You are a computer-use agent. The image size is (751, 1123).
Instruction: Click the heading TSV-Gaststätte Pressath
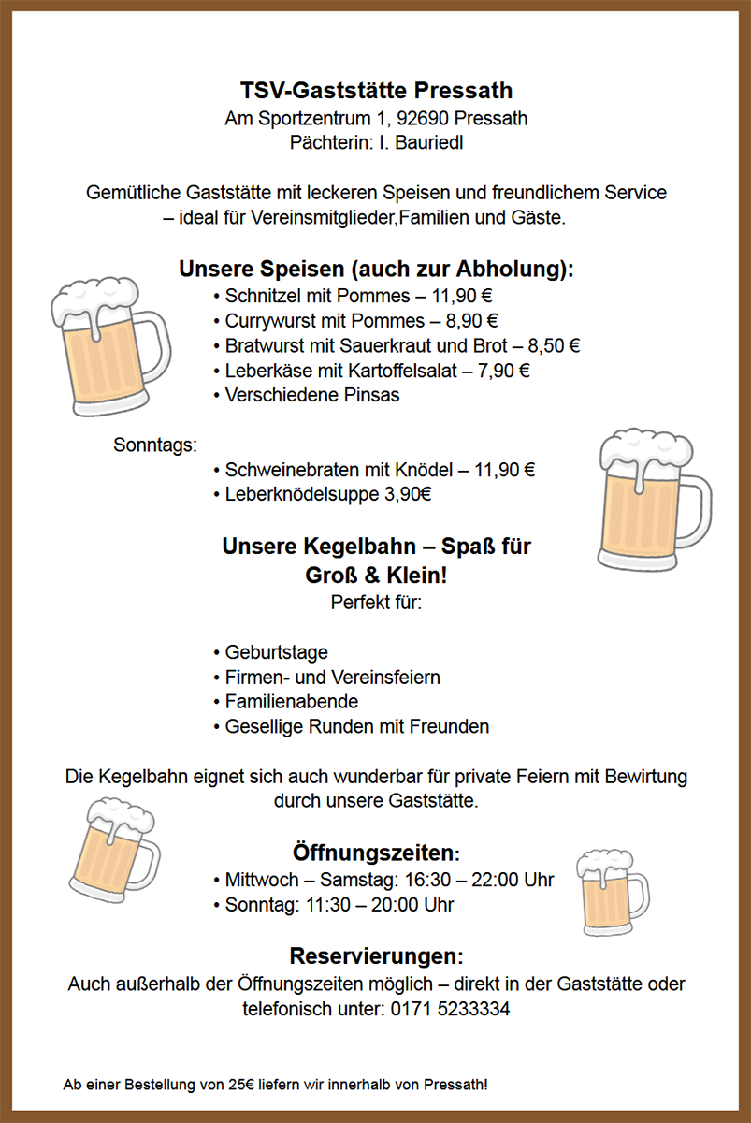376,91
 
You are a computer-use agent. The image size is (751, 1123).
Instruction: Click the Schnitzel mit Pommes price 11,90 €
462,297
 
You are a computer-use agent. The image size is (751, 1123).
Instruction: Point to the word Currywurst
267,321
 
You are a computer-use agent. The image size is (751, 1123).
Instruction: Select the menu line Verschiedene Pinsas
311,395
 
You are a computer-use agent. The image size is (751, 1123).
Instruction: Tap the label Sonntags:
155,445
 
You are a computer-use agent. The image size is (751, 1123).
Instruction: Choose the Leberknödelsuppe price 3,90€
408,494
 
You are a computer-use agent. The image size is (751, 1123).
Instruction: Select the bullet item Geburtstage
276,652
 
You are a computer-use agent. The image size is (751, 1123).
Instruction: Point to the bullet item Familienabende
291,701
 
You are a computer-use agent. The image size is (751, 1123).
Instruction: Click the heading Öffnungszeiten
376,853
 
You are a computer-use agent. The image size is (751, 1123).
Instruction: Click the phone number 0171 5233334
450,1009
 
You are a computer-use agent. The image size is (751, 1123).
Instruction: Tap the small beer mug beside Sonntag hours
611,892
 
